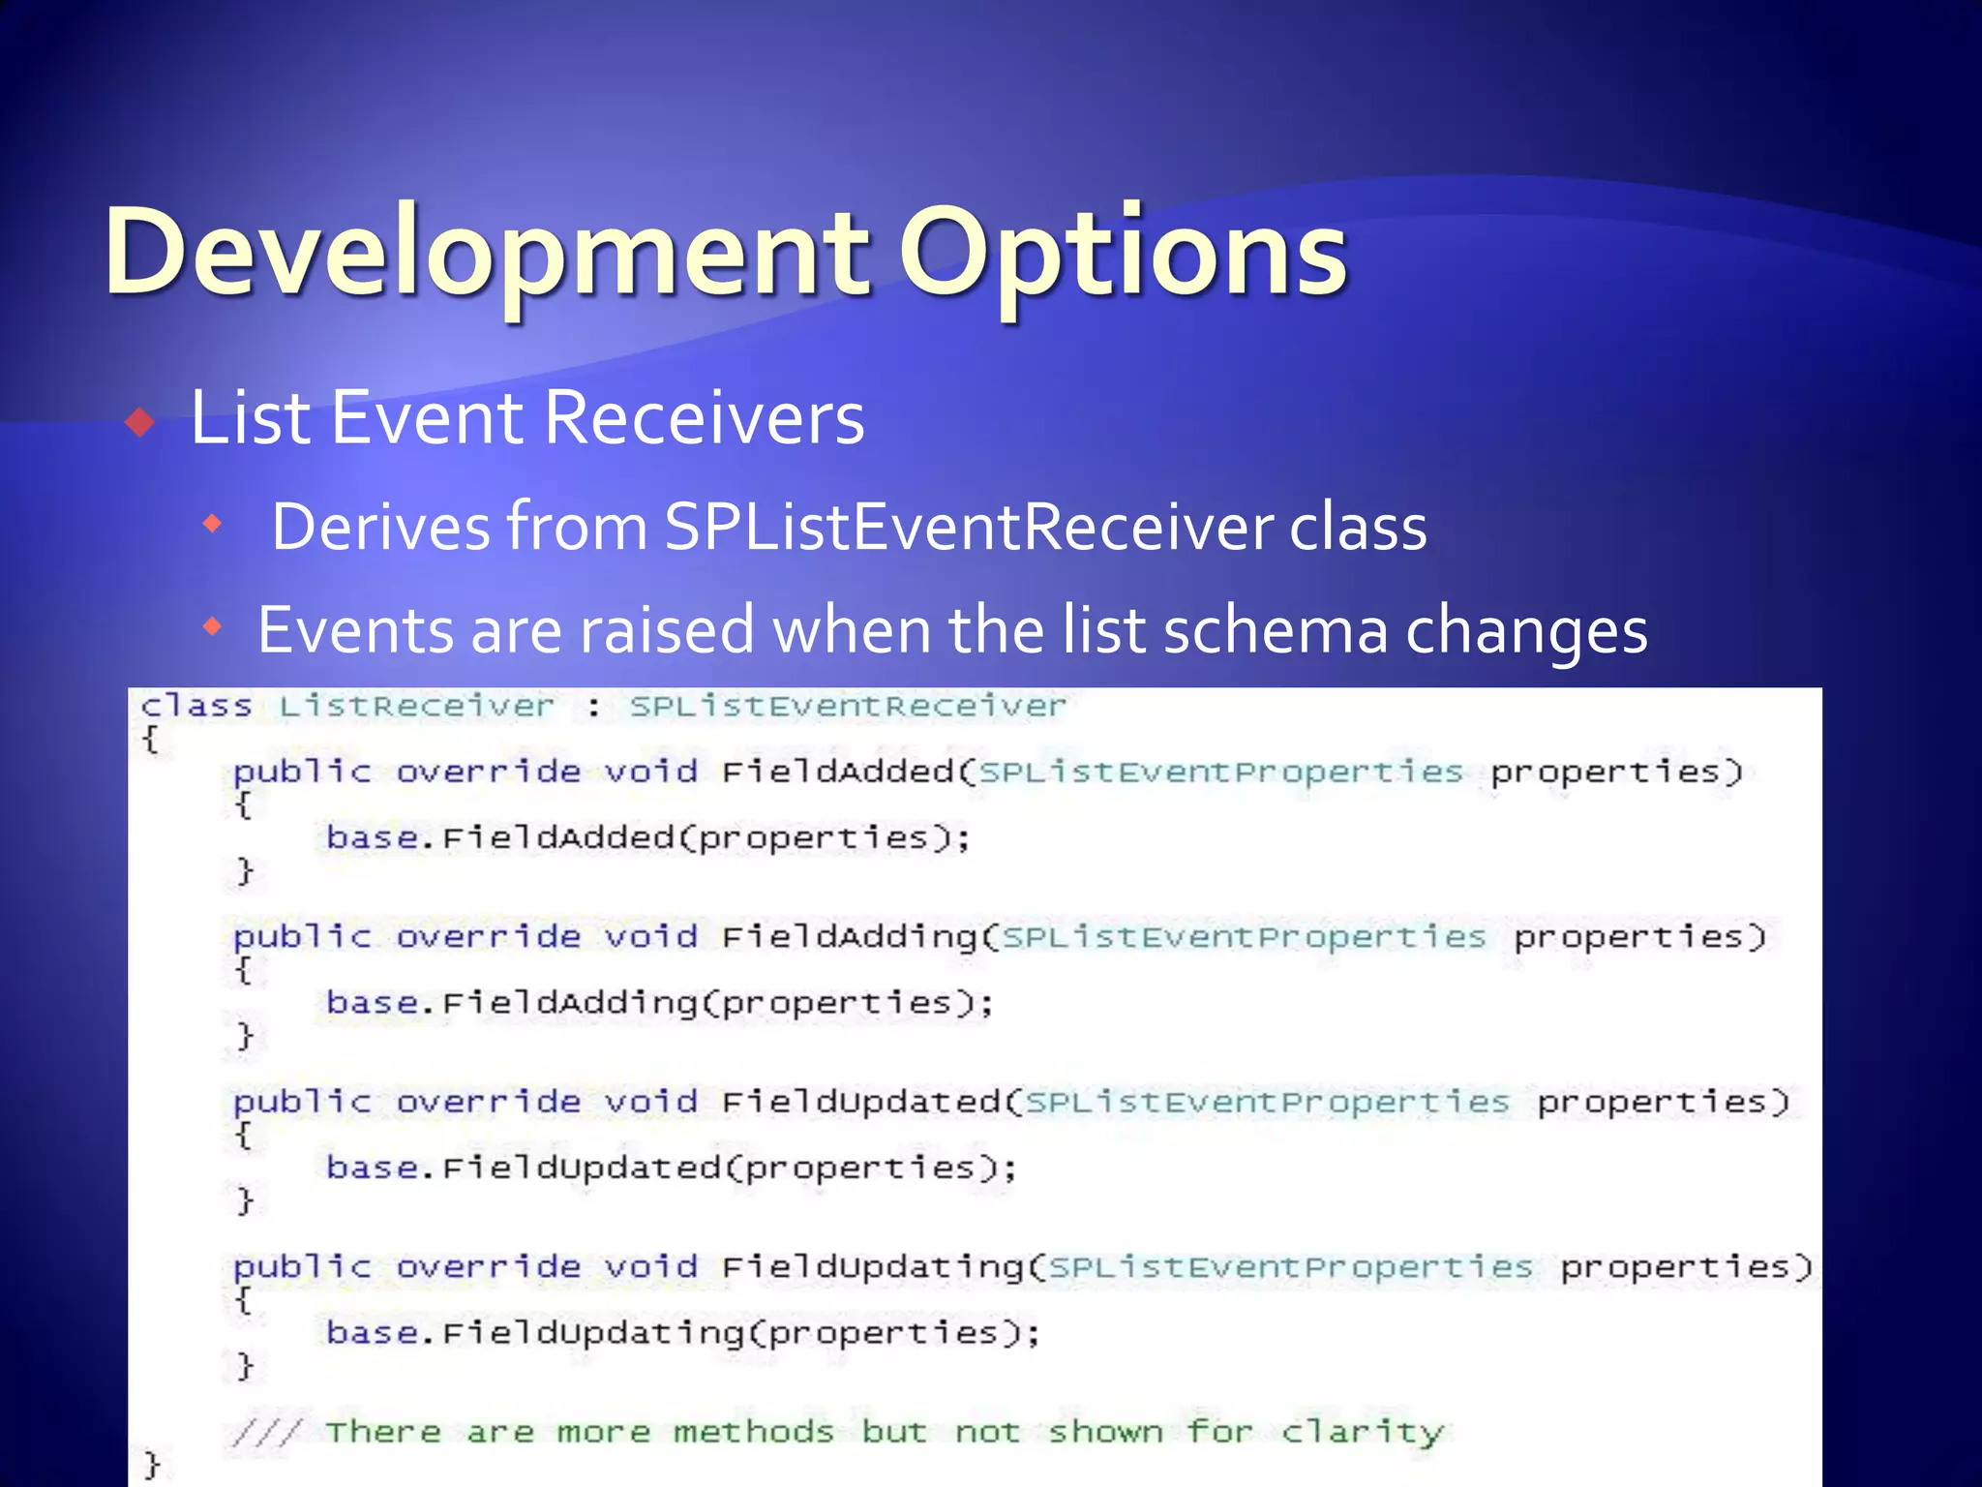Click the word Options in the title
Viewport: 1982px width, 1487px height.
pos(1123,254)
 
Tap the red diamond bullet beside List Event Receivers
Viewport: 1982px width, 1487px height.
pos(141,422)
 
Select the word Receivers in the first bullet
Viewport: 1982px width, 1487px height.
pos(704,418)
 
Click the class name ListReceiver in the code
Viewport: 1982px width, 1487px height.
pos(417,706)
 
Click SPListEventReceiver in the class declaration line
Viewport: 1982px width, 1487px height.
pos(848,706)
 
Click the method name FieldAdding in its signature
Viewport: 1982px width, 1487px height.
pos(850,937)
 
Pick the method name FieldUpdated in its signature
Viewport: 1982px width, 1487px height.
pos(861,1102)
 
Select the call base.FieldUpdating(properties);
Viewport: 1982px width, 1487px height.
pos(683,1333)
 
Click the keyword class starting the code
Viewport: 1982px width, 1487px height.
pos(196,706)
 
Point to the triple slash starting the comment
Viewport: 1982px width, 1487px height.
pos(267,1432)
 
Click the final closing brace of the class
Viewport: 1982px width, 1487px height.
pos(151,1465)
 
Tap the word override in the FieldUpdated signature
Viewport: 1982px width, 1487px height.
pos(489,1102)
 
